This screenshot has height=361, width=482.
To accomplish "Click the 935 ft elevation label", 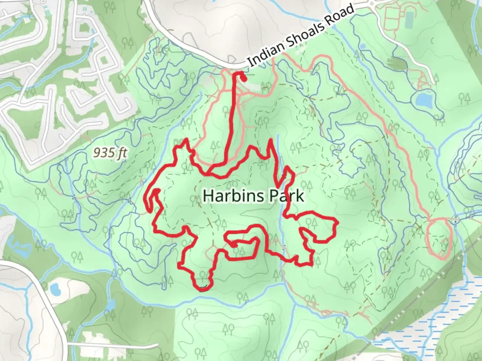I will pos(110,153).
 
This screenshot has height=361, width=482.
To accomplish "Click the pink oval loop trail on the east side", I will pos(439,238).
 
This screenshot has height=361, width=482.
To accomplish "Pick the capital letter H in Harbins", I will pos(208,196).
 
